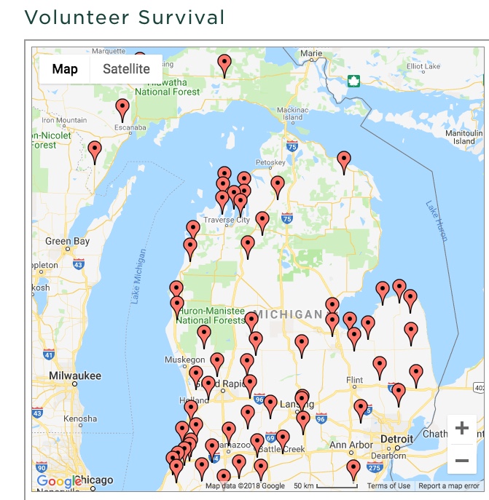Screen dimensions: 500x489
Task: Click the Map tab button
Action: click(65, 69)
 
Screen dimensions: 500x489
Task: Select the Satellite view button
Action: click(126, 69)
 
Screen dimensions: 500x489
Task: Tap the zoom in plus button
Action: click(461, 429)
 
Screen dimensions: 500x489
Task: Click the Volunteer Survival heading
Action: click(125, 16)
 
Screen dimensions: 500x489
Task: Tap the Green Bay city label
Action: click(68, 241)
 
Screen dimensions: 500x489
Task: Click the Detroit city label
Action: click(398, 440)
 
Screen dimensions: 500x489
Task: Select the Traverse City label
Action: click(226, 220)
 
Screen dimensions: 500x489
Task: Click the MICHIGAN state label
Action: click(288, 314)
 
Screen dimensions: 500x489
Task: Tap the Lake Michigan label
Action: click(140, 277)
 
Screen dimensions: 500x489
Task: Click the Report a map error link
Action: click(449, 486)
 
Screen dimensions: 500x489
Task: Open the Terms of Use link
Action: click(388, 486)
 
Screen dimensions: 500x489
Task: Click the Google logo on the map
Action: click(59, 481)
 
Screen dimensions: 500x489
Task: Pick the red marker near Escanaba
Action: click(122, 108)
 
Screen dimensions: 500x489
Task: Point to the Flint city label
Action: click(354, 380)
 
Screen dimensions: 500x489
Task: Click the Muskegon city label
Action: click(185, 360)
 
